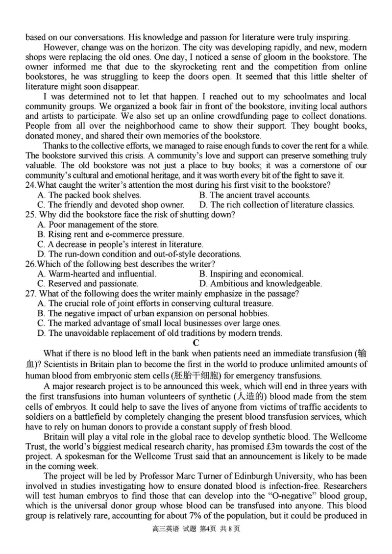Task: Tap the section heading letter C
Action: (x=196, y=343)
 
